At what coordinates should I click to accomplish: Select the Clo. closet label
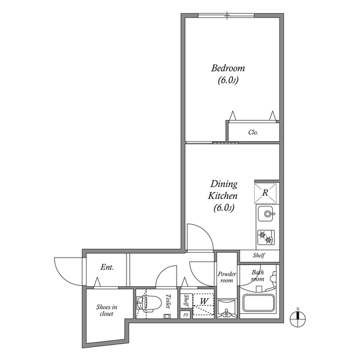click(253, 132)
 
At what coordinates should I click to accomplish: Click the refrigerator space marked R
click(265, 193)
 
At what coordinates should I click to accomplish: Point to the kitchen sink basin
click(266, 214)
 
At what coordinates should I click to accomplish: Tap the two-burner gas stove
click(266, 237)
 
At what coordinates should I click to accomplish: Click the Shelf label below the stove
click(259, 255)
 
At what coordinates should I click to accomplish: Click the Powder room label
click(227, 277)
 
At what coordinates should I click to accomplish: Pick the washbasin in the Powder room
click(227, 308)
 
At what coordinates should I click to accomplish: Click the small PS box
click(186, 315)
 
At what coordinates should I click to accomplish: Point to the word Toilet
click(168, 301)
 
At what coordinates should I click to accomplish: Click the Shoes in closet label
click(106, 310)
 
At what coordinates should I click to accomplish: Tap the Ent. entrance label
click(107, 267)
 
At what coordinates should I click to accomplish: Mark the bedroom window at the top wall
click(226, 15)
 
